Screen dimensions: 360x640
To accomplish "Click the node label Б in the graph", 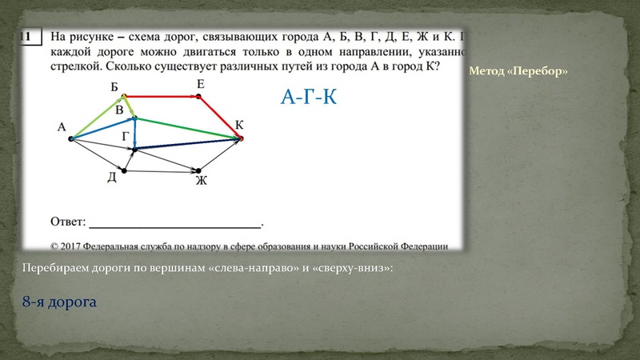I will coord(114,86).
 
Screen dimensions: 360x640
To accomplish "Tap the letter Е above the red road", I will coord(199,84).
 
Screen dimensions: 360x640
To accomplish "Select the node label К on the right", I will coord(238,124).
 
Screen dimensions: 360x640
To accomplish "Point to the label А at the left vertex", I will coord(61,126).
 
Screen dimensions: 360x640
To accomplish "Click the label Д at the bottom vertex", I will coord(112,178).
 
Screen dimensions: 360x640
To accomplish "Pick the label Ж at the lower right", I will coord(201,181).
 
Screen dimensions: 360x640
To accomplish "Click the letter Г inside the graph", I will coord(125,137).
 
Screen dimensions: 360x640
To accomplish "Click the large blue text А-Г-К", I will coord(308,98).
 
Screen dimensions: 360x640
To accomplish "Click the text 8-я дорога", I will coord(59,302).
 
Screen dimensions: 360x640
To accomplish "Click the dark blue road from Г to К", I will coord(188,144).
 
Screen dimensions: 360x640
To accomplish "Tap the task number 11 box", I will coord(29,37).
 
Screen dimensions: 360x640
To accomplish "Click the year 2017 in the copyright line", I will coord(78,246).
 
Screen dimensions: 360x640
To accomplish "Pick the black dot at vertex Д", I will coord(123,170).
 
